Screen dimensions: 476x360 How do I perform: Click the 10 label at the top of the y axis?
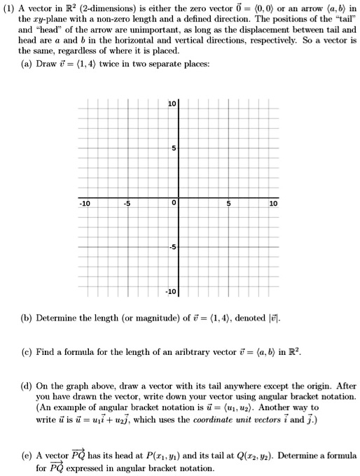(x=172, y=104)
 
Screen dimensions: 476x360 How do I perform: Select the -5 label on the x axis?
(x=127, y=204)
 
